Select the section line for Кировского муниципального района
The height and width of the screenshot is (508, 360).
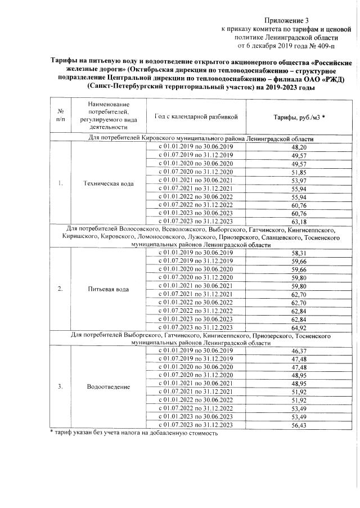(x=201, y=138)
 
